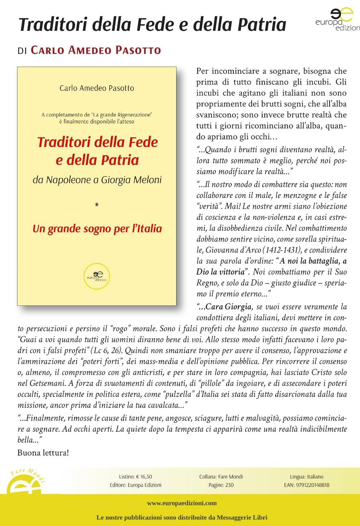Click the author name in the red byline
click(x=96, y=50)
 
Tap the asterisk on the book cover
click(x=97, y=206)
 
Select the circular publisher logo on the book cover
click(x=97, y=276)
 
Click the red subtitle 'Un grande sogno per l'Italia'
click(x=97, y=229)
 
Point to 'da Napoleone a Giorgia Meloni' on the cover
click(x=97, y=179)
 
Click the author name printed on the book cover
click(x=97, y=88)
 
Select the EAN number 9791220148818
click(x=306, y=485)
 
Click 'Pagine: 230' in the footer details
click(x=221, y=485)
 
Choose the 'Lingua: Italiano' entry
click(x=306, y=477)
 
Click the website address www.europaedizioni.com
click(x=182, y=503)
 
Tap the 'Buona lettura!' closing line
click(x=43, y=452)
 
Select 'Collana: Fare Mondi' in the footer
click(x=221, y=477)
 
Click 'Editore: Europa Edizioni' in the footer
click(x=136, y=485)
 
